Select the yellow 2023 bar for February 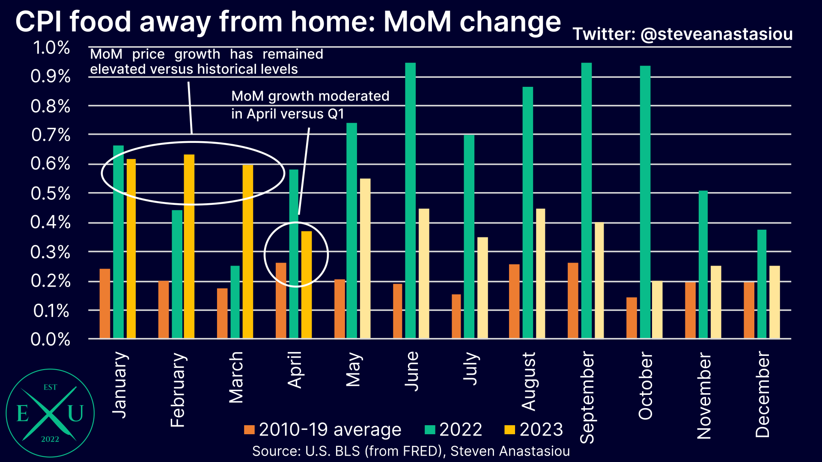[x=189, y=246]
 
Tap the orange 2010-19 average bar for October [x=631, y=317]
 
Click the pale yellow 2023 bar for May [x=365, y=258]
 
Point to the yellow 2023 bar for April [x=307, y=284]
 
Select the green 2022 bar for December [x=762, y=284]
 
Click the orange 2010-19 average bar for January [x=105, y=303]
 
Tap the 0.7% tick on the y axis [x=51, y=135]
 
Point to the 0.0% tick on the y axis [x=51, y=340]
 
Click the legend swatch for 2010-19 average [x=249, y=429]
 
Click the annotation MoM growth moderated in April [x=310, y=105]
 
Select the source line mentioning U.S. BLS [x=411, y=451]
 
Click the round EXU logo [x=50, y=413]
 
